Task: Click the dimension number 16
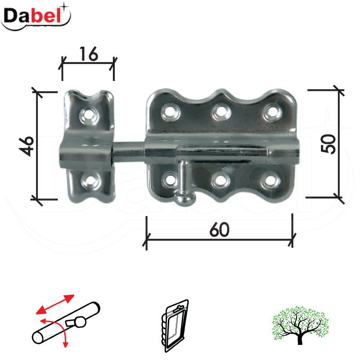point(88,54)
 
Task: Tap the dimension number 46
point(27,145)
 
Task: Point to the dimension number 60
point(220,229)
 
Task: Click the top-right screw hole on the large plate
point(271,110)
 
